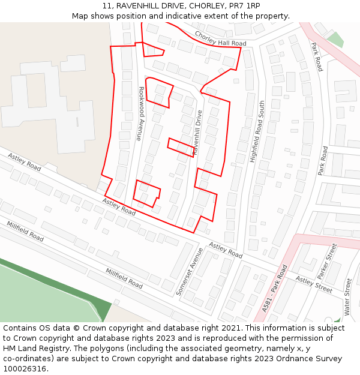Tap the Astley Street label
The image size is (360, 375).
(x=313, y=284)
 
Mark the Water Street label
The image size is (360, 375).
(x=347, y=296)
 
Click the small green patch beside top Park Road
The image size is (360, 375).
(x=335, y=40)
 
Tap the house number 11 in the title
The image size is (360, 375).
(x=107, y=5)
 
